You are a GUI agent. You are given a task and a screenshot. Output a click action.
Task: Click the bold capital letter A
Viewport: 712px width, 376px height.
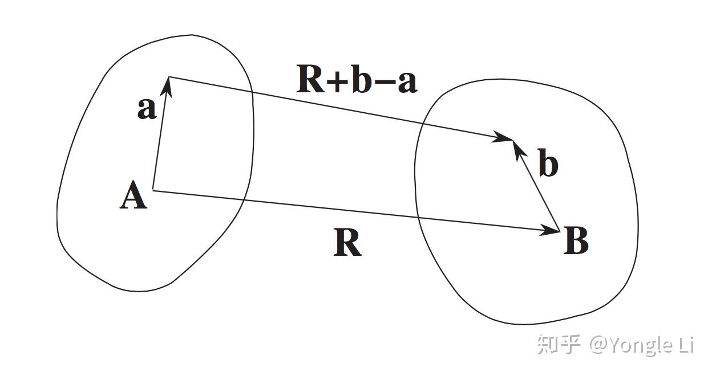pyautogui.click(x=133, y=197)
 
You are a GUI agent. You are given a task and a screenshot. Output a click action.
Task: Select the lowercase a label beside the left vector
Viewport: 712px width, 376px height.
pyautogui.click(x=147, y=108)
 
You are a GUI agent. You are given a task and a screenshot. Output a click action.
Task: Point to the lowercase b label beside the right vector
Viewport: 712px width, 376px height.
pyautogui.click(x=548, y=165)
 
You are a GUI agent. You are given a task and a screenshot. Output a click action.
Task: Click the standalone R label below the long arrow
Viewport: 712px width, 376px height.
pyautogui.click(x=347, y=244)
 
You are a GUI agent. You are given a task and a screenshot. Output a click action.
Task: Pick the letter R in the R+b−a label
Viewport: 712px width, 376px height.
pyautogui.click(x=310, y=80)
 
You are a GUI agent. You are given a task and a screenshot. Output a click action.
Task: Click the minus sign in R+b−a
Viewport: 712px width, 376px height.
pyautogui.click(x=386, y=81)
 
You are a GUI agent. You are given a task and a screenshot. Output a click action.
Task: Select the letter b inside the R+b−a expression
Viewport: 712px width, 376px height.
pyautogui.click(x=361, y=80)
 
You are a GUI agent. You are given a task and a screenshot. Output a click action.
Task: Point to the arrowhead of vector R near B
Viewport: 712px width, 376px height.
pyautogui.click(x=551, y=230)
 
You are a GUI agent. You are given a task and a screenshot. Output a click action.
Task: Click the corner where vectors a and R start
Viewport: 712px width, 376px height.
pyautogui.click(x=153, y=190)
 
